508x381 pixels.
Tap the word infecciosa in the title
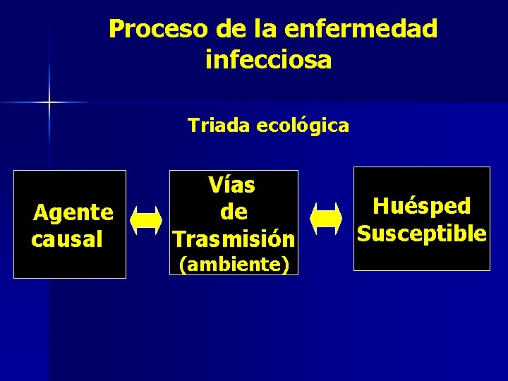point(268,60)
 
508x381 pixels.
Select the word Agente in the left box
point(73,212)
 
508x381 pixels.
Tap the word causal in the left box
point(67,238)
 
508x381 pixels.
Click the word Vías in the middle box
point(231,186)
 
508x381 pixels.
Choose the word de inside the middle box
point(233,212)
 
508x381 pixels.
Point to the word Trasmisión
point(233,238)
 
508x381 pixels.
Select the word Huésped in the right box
point(421,206)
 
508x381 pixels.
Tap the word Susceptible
point(421,233)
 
